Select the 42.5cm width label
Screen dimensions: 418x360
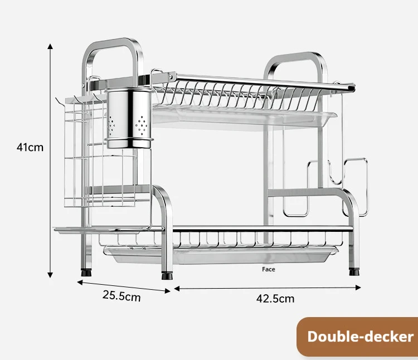[275, 298]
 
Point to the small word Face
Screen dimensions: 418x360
[269, 270]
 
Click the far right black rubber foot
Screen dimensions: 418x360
[354, 272]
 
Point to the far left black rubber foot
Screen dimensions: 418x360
[86, 273]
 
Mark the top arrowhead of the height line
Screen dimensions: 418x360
[50, 45]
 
